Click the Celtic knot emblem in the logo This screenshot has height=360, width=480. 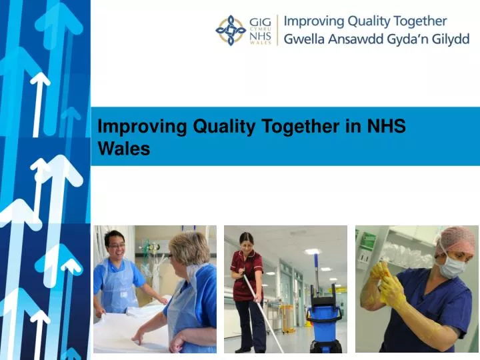[230, 30]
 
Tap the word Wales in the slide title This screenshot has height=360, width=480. [124, 149]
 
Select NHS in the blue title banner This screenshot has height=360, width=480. [386, 126]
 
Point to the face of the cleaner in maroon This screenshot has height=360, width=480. [246, 241]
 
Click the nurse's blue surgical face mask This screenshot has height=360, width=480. [451, 265]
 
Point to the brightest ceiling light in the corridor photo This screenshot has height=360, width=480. [312, 251]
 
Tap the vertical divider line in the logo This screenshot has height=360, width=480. [277, 30]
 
